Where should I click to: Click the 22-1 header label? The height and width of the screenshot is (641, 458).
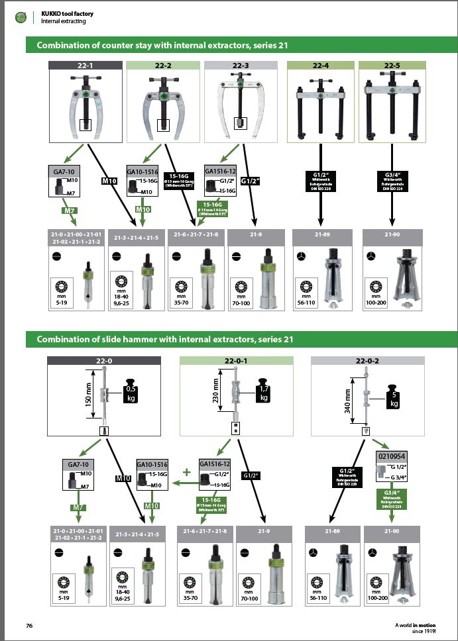tap(87, 65)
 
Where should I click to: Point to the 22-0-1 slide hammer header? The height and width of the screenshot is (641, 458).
tap(237, 360)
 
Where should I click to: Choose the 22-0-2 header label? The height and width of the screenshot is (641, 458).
tap(369, 360)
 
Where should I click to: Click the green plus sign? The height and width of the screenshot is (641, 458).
tap(186, 473)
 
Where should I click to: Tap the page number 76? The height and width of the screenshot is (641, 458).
tap(29, 626)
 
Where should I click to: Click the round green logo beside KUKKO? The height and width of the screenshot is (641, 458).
tap(18, 17)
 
